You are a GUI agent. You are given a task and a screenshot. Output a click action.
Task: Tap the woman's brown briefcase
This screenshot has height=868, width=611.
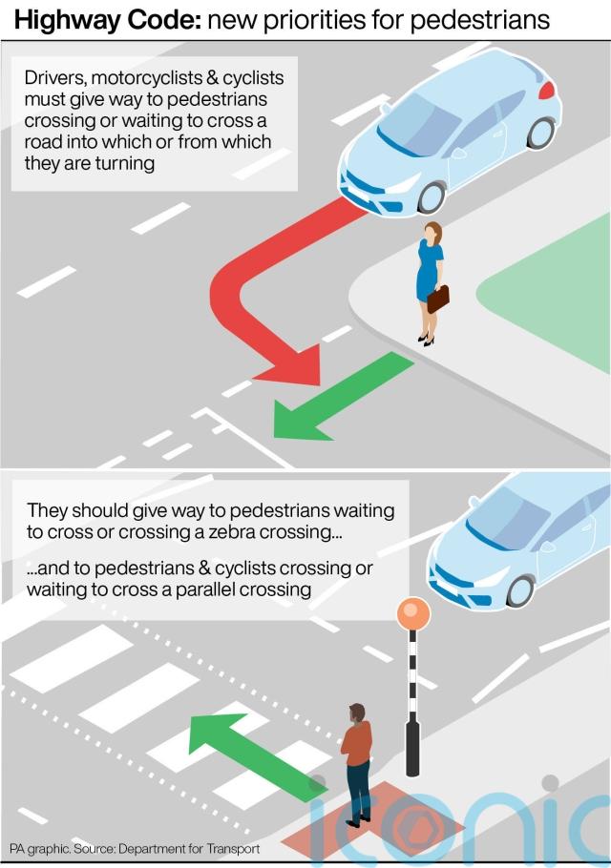pyautogui.click(x=437, y=299)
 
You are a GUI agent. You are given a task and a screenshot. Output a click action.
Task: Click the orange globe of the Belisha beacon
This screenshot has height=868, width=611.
pyautogui.click(x=413, y=613)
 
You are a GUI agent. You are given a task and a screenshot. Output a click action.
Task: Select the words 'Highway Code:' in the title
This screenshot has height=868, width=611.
pyautogui.click(x=108, y=20)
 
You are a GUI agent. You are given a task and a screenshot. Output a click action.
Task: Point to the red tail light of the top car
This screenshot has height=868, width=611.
pyautogui.click(x=547, y=90)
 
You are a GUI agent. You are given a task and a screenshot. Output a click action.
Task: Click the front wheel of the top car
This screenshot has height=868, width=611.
pyautogui.click(x=432, y=197)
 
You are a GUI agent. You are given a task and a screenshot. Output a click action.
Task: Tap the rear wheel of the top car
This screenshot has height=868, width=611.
pyautogui.click(x=540, y=133)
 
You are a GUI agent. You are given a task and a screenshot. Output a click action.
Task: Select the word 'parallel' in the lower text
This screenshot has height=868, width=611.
pyautogui.click(x=205, y=589)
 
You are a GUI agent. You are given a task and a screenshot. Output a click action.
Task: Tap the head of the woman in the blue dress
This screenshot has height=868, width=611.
pyautogui.click(x=432, y=231)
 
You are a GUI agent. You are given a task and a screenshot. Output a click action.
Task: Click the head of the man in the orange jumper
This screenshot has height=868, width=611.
pyautogui.click(x=357, y=713)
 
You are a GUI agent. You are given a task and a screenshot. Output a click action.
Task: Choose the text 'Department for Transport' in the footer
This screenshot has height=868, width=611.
pyautogui.click(x=189, y=849)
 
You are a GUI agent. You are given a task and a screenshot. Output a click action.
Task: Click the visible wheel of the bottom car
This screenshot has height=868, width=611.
pyautogui.click(x=520, y=591)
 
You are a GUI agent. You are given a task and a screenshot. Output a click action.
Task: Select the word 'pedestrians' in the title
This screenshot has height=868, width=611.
pyautogui.click(x=480, y=21)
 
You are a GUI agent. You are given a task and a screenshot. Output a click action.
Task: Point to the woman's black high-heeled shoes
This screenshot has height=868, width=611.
pyautogui.click(x=426, y=340)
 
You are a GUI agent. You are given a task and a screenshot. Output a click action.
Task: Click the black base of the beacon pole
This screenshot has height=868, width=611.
pyautogui.click(x=412, y=746)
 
